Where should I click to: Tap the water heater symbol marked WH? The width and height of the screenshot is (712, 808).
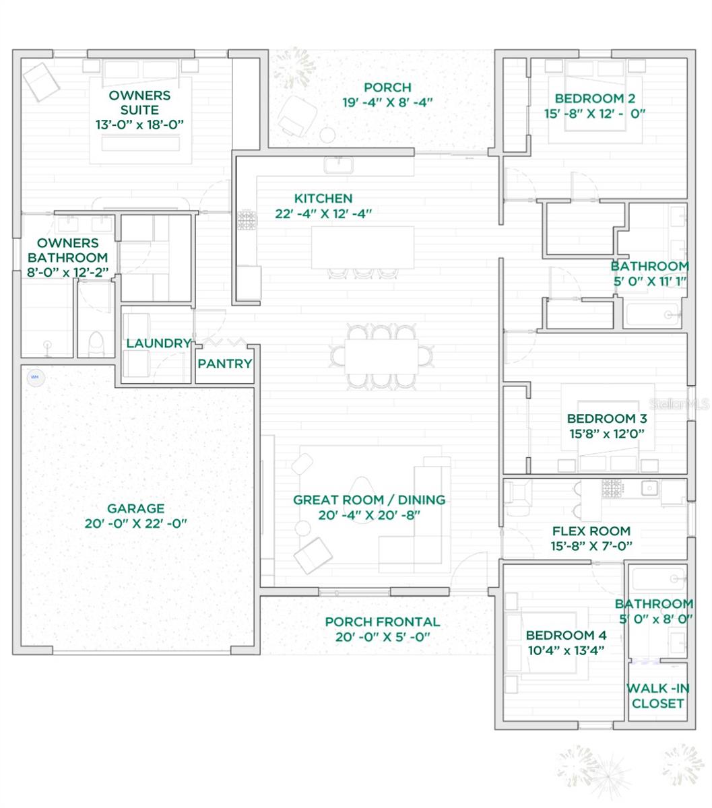(34, 376)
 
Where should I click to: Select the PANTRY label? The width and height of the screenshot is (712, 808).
(225, 364)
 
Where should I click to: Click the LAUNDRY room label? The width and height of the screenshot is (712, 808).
(158, 343)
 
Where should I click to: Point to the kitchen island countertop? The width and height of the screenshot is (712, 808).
(362, 247)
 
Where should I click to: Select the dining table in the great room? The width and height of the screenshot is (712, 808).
(381, 355)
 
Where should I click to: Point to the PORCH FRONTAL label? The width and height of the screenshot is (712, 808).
(382, 621)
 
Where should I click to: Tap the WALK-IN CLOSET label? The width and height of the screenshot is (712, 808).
(657, 696)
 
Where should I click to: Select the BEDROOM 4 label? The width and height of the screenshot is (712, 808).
(566, 635)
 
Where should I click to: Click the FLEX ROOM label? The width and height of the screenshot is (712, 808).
(591, 531)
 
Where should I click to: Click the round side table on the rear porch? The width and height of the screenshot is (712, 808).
(327, 135)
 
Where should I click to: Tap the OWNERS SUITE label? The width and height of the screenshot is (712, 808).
(139, 102)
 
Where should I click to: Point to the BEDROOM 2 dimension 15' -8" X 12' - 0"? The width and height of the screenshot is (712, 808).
(595, 113)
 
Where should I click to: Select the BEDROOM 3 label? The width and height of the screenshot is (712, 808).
(601, 418)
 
